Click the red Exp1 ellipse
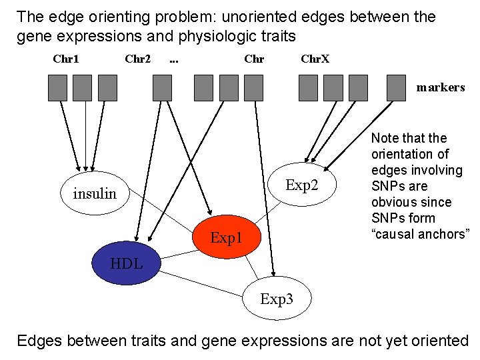(225, 236)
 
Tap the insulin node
(95, 193)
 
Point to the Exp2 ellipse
(302, 185)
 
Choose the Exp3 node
(276, 299)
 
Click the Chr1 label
(66, 59)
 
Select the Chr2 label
(137, 59)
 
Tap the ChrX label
(315, 59)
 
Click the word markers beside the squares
(441, 87)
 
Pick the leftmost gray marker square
(58, 87)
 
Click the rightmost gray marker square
(397, 87)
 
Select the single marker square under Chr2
(162, 87)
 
